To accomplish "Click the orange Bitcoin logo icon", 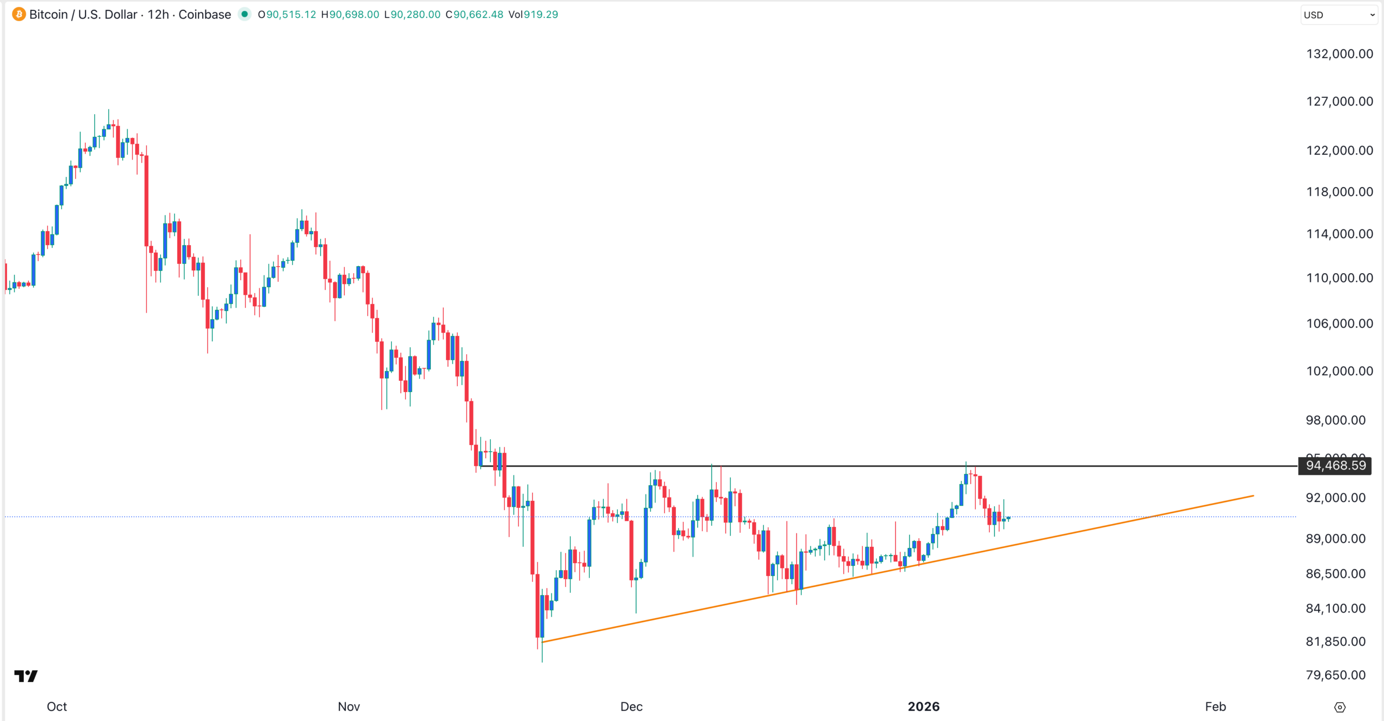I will click(x=19, y=15).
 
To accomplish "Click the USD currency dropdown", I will click(x=1339, y=15).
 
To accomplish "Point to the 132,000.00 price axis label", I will click(x=1339, y=54).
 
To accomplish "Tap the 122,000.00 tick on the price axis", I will click(x=1339, y=150).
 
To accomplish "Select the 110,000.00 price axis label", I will click(x=1339, y=278).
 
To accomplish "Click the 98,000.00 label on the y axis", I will click(x=1335, y=420).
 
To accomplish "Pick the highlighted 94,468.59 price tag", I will click(x=1335, y=466).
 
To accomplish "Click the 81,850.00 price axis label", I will click(x=1335, y=641).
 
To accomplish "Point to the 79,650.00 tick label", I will click(x=1335, y=675).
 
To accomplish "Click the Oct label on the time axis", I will click(x=57, y=706).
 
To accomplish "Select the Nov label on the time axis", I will click(x=349, y=706).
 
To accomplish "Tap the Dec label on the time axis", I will click(x=631, y=706).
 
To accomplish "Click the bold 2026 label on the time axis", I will click(x=923, y=706).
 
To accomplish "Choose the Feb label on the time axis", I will click(x=1215, y=706).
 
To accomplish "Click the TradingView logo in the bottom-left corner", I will click(x=26, y=676).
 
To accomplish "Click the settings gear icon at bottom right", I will click(x=1340, y=707).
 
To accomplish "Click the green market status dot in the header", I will click(x=245, y=15).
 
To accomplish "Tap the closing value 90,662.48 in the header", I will click(x=478, y=15).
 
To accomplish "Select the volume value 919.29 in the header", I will click(x=541, y=15).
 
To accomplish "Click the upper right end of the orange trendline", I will click(x=1252, y=495).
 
